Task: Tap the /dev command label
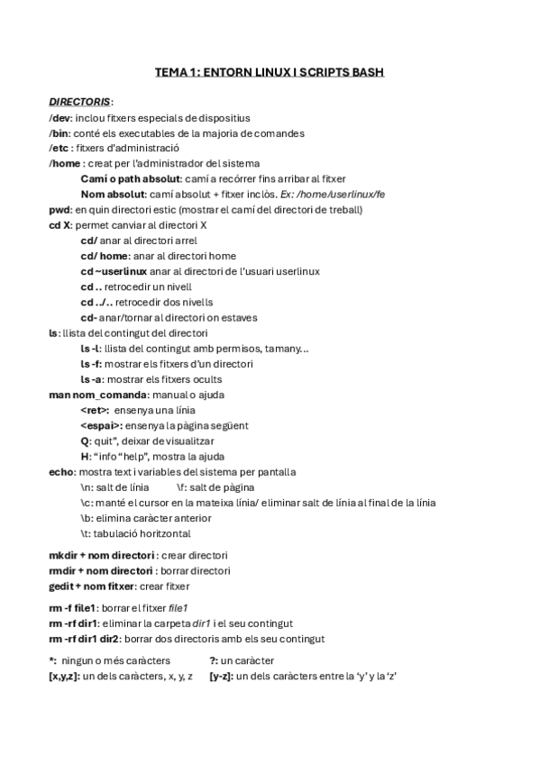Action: click(x=59, y=118)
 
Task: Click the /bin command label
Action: click(x=59, y=133)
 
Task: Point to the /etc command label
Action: click(x=59, y=149)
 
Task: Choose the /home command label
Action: click(x=65, y=164)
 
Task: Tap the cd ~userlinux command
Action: click(x=114, y=271)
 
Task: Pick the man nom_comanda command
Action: click(x=96, y=395)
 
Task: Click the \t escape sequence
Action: click(x=85, y=533)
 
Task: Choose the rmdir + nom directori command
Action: click(x=100, y=570)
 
